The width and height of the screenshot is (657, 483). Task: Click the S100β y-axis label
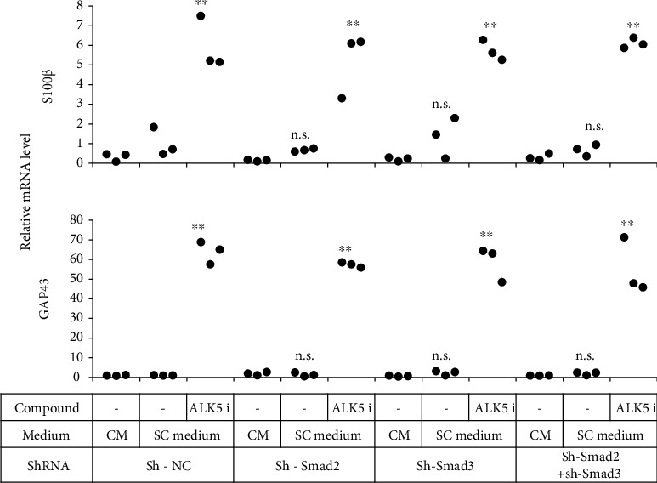pos(14,85)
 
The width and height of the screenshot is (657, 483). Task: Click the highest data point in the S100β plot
pos(201,16)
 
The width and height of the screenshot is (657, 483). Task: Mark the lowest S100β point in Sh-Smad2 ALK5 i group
pos(342,99)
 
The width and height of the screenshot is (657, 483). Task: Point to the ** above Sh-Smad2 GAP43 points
pos(346,249)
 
